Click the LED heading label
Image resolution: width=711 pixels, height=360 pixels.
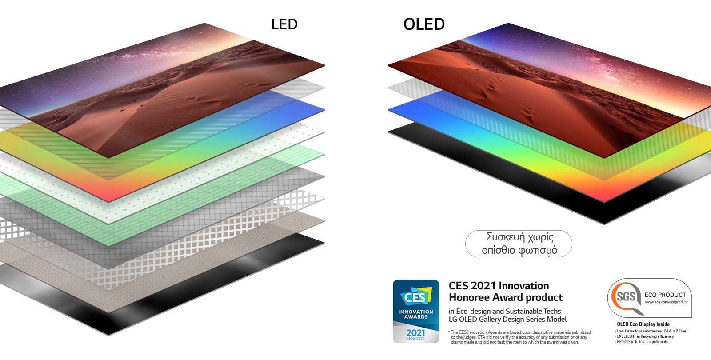click(284, 24)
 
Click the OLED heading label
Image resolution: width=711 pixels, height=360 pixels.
click(424, 24)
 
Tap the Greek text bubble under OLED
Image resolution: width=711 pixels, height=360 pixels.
click(519, 244)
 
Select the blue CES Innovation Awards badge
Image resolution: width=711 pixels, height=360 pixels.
click(415, 311)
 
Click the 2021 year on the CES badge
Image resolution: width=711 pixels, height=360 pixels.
click(415, 332)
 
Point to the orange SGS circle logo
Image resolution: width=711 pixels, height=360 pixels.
click(626, 296)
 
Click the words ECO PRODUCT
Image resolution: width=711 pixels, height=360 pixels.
click(665, 295)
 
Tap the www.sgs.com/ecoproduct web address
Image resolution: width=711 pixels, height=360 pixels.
click(666, 302)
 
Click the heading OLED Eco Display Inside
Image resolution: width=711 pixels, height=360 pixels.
click(643, 324)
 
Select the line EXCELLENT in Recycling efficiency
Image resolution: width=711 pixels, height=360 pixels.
click(645, 336)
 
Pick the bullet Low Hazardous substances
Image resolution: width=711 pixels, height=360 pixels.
click(652, 331)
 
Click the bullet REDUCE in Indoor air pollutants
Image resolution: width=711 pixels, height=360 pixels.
click(642, 342)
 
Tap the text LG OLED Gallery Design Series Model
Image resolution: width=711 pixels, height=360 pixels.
click(507, 319)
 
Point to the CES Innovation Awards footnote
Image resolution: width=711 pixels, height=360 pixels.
click(520, 337)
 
